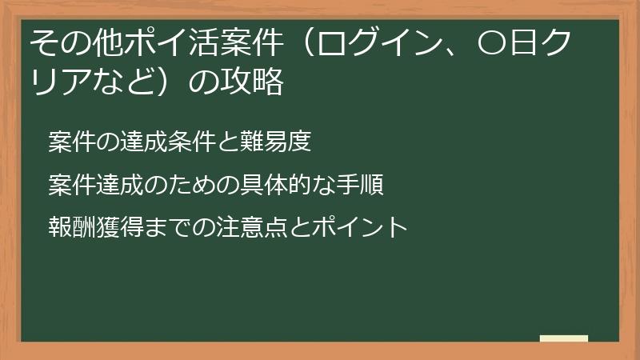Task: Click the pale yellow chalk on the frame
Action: [563, 339]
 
